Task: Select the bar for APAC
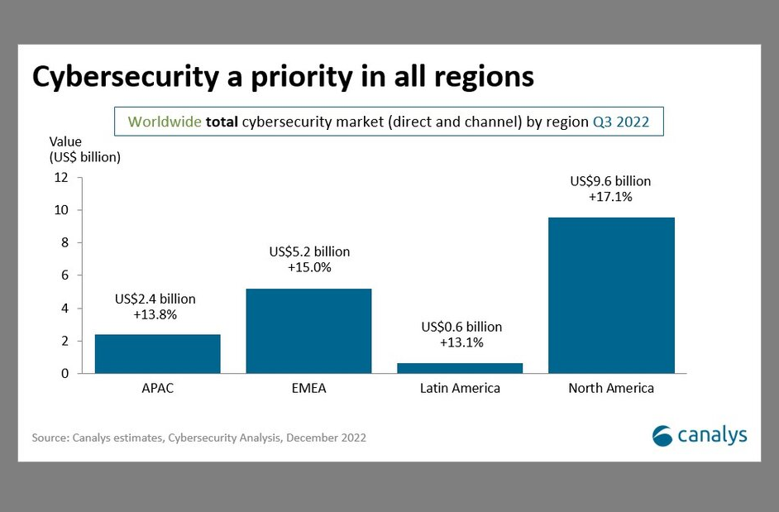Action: point(158,353)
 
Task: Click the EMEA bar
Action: point(309,331)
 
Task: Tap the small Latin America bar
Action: point(461,368)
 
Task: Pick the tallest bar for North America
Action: point(611,294)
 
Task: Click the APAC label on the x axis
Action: point(158,388)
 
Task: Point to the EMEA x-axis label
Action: point(309,388)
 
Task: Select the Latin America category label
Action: point(461,388)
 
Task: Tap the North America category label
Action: point(611,388)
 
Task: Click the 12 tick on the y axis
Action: point(62,177)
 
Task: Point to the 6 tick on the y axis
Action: point(65,275)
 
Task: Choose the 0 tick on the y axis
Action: point(65,374)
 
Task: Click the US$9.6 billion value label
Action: point(611,181)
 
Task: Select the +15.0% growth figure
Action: point(309,267)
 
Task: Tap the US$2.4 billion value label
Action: point(155,299)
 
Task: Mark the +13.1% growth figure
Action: point(461,342)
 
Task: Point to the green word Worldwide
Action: point(165,122)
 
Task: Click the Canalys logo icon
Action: point(663,435)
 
